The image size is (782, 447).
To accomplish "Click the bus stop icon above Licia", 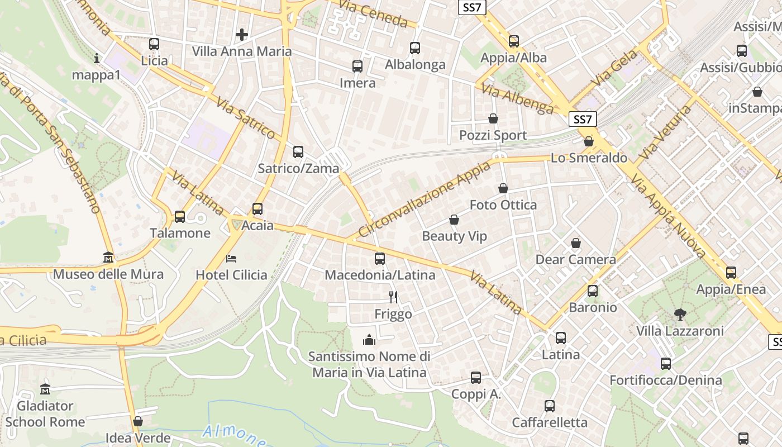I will tap(154, 44).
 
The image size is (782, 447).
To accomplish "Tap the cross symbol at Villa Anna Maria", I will tap(241, 35).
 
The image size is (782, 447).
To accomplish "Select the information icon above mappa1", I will tap(97, 58).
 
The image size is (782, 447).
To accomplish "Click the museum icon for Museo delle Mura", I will tap(108, 258).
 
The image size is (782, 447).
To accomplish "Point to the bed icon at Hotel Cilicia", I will tap(231, 258).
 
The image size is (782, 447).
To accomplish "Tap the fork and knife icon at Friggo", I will tap(393, 297).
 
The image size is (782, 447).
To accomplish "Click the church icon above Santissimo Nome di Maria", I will tap(369, 340).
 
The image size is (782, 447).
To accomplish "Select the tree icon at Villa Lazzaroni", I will tap(680, 315).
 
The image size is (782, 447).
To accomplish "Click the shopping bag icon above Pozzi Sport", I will tap(493, 118).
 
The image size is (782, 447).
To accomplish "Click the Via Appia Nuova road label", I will tap(669, 214).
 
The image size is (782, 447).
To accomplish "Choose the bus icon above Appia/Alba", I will tap(513, 41).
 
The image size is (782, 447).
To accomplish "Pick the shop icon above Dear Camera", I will tap(575, 243).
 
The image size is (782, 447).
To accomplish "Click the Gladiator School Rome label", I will tap(45, 413).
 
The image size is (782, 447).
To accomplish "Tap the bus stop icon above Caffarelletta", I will tap(550, 406).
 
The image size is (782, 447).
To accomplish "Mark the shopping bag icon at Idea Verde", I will tap(137, 421).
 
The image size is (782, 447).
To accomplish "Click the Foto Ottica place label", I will tap(503, 205).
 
